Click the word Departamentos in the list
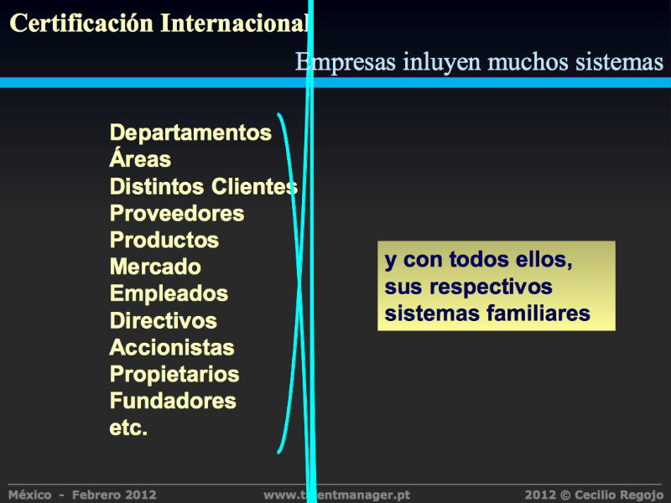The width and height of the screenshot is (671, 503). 190,132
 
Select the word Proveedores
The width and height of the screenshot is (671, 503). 177,213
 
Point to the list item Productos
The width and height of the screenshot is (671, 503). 164,240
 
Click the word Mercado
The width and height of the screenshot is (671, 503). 155,267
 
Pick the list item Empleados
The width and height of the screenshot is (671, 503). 169,295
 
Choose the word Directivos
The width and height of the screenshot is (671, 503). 163,320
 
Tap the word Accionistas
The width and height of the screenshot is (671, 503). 172,347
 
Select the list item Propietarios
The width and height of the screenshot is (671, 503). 174,375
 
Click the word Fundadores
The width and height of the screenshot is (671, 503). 173,401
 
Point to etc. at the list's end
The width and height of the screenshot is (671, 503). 128,428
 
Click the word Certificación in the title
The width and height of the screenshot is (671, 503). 81,23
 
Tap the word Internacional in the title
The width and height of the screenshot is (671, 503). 234,23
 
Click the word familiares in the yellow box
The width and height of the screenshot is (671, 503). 538,313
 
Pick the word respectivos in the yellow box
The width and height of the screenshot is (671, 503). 491,288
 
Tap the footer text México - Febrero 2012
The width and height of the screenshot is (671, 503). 82,495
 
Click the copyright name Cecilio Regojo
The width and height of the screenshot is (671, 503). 618,495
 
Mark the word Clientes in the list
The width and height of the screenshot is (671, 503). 255,186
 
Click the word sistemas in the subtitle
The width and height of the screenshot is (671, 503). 619,62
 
